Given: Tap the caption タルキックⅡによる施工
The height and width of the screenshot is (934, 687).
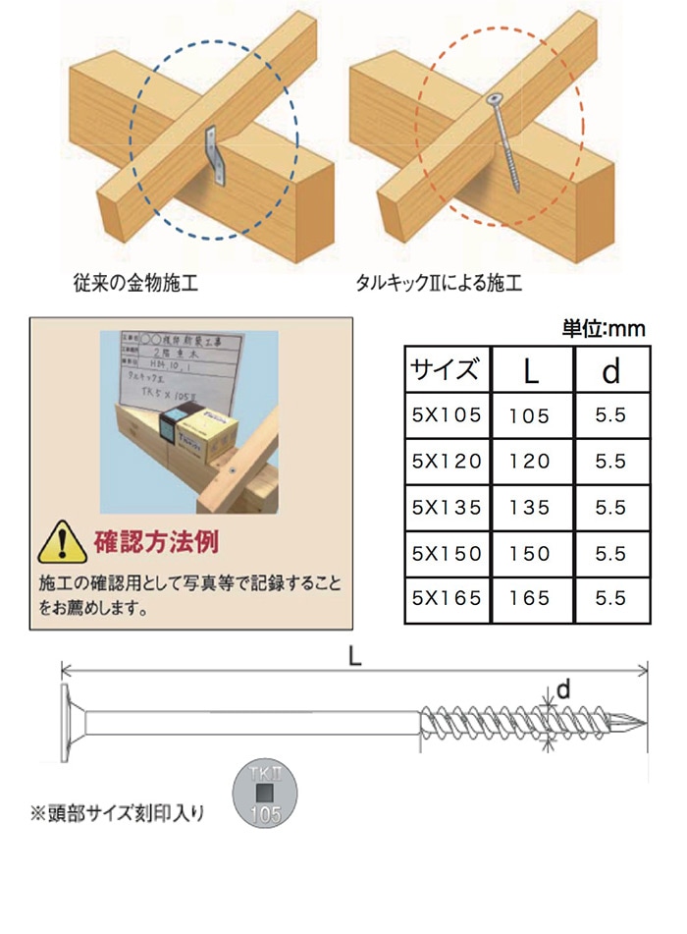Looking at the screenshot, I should (x=439, y=285).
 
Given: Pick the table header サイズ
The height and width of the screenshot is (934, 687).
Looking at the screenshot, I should (x=446, y=371).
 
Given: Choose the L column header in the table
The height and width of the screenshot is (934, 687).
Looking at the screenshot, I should (x=530, y=371).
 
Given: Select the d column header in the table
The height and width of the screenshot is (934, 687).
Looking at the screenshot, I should (x=609, y=371).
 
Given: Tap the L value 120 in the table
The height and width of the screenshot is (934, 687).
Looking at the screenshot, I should (x=530, y=462).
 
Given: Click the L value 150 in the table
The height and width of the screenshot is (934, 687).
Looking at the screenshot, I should (x=530, y=553).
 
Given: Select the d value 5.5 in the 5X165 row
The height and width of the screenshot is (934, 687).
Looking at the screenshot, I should (x=609, y=598).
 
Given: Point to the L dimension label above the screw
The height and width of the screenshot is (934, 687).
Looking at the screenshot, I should (x=354, y=660).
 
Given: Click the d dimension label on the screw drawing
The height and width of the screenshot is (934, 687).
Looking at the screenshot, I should (x=563, y=691).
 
